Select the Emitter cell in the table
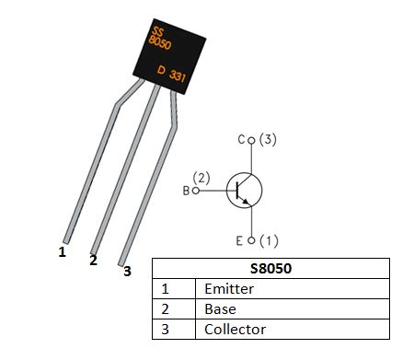[230, 289]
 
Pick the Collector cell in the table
[235, 329]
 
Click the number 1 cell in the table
[165, 289]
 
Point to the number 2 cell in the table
[165, 309]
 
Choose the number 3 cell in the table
[165, 329]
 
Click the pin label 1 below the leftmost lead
[63, 250]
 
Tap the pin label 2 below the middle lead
[93, 261]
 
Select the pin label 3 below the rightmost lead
[127, 271]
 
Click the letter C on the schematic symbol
[241, 140]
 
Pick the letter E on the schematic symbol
[239, 241]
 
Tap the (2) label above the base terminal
[202, 176]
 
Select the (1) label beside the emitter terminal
[267, 241]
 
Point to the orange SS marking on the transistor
[157, 34]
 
